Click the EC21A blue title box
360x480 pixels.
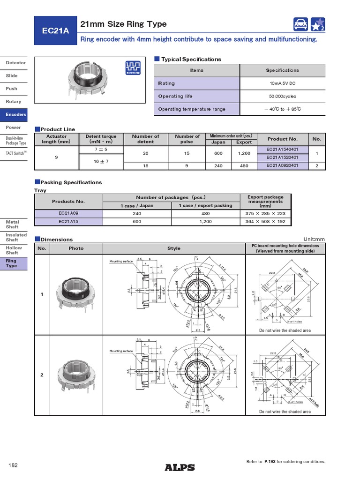point(55,31)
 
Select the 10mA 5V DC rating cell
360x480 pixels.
point(282,83)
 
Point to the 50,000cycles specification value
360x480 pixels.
point(282,96)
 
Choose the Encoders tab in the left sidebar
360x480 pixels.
point(16,114)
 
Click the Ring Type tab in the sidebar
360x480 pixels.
point(16,263)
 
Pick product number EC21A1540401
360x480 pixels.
point(282,149)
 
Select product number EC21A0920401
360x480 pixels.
point(282,165)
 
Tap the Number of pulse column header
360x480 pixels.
point(187,139)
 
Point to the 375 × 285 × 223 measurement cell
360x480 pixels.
point(265,213)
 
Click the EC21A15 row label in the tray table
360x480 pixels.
point(68,222)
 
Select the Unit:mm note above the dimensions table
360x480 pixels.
point(314,239)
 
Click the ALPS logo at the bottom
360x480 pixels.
point(180,467)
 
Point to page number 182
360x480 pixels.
point(13,465)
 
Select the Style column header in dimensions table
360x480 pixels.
point(174,248)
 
